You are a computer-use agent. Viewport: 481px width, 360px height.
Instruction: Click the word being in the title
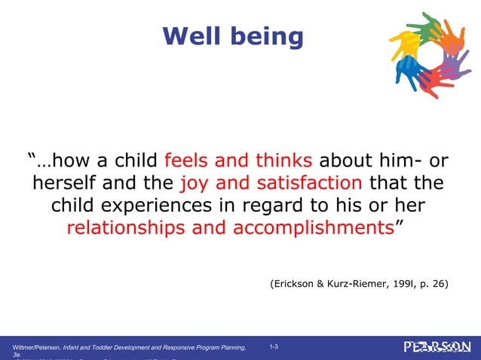(x=265, y=37)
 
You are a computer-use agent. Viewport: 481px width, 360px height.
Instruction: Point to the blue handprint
(x=407, y=72)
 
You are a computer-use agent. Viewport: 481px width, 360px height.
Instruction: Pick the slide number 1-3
(x=274, y=346)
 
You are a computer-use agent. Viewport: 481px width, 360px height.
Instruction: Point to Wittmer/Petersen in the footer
(x=40, y=347)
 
